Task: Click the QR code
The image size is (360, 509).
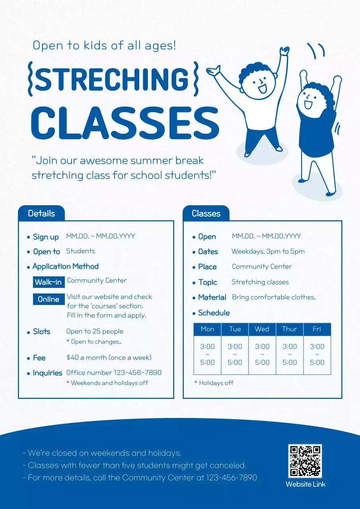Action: click(x=305, y=461)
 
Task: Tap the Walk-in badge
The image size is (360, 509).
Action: click(x=49, y=282)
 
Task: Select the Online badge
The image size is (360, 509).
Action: click(x=49, y=299)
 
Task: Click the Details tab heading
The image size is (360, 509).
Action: click(x=41, y=214)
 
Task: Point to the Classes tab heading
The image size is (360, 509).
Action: click(x=206, y=214)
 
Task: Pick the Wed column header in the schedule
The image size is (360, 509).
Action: click(x=262, y=329)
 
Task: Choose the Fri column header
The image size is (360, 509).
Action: click(x=317, y=329)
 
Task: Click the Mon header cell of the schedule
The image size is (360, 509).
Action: click(x=207, y=329)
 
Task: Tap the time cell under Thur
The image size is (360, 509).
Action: click(x=289, y=354)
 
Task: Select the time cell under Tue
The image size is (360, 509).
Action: click(x=235, y=354)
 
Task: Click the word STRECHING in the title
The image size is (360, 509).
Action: click(x=112, y=79)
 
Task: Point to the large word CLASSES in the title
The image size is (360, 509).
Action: click(x=125, y=122)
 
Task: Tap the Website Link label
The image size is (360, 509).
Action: click(x=305, y=484)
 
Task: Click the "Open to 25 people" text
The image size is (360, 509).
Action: click(x=95, y=331)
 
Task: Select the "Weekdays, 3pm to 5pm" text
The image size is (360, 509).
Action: click(x=268, y=251)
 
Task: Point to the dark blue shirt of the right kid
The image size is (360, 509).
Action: click(x=316, y=135)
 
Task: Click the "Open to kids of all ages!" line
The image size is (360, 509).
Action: click(x=104, y=45)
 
